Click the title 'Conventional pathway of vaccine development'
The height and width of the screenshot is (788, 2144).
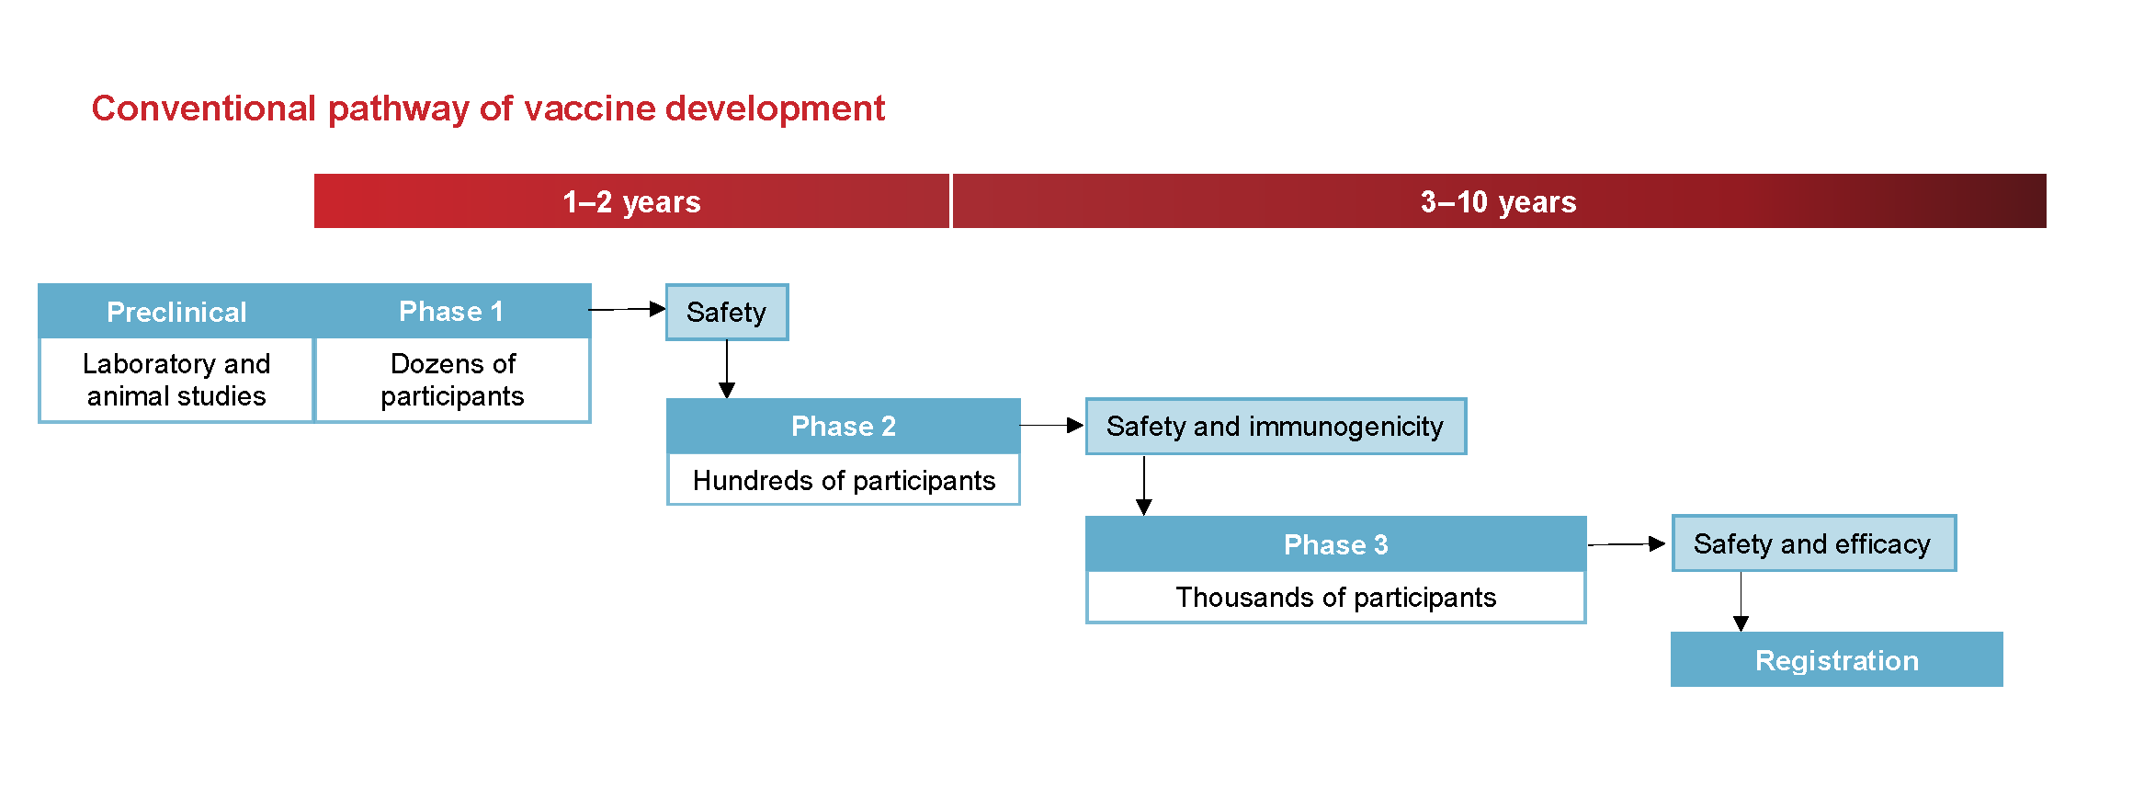(x=488, y=108)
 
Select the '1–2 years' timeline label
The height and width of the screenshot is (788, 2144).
(x=631, y=201)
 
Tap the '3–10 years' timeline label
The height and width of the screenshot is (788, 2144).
(x=1498, y=201)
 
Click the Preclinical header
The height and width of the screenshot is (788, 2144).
(x=176, y=312)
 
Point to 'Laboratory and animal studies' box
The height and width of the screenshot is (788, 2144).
(x=176, y=380)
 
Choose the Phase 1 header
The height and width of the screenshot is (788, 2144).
(x=451, y=312)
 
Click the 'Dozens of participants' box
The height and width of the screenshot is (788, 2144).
(x=452, y=380)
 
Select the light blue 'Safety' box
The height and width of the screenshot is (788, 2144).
(x=726, y=313)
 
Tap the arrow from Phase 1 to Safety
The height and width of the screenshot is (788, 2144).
(x=627, y=309)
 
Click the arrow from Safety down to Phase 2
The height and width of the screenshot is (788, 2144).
(x=727, y=369)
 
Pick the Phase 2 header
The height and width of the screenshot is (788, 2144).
(x=843, y=426)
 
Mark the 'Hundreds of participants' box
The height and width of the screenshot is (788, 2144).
(x=843, y=480)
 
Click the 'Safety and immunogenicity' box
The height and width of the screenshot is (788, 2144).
(x=1275, y=426)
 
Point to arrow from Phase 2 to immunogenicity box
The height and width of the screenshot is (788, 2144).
(x=1051, y=425)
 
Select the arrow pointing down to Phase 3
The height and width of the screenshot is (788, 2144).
(x=1144, y=485)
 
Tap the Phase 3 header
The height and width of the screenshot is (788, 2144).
(x=1335, y=544)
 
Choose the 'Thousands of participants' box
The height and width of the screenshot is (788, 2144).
(x=1335, y=598)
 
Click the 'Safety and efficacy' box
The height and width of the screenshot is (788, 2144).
(x=1812, y=543)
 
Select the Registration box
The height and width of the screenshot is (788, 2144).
(x=1836, y=660)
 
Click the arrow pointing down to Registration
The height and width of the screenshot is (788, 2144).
(x=1741, y=601)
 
